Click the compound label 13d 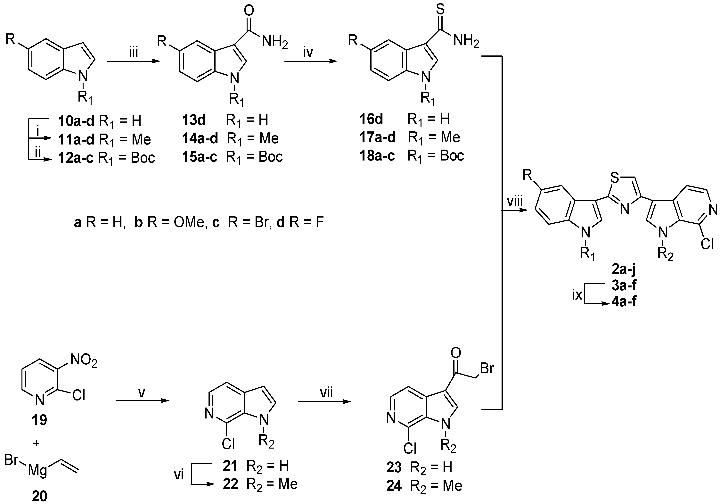point(194,120)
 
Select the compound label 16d point(371,119)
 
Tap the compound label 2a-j point(624,269)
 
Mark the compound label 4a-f point(624,302)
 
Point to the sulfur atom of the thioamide point(440,9)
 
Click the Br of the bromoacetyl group point(487,368)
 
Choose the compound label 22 point(231,484)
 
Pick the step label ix point(577,295)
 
